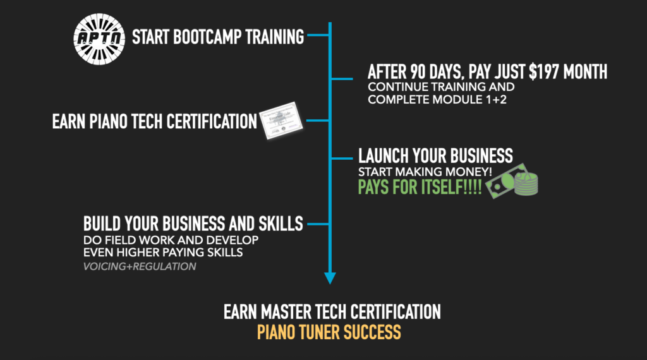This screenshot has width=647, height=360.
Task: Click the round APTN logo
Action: tap(99, 39)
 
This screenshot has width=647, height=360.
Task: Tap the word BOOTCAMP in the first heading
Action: tap(207, 37)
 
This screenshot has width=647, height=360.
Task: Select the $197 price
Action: tap(544, 72)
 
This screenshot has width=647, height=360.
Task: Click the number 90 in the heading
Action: tap(418, 72)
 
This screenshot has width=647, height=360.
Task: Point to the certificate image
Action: tap(281, 121)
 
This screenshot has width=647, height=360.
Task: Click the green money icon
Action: tap(512, 181)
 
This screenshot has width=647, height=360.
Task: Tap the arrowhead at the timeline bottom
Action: tap(330, 278)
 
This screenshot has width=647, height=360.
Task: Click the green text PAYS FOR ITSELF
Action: tap(420, 187)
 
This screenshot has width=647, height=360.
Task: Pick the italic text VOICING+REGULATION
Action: tap(140, 267)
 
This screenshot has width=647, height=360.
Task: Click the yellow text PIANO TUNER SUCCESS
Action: tap(329, 332)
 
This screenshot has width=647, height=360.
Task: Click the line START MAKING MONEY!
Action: tap(425, 172)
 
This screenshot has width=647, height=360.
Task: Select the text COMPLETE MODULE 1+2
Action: tap(437, 99)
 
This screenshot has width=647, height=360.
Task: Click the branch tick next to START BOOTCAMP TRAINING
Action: tap(318, 35)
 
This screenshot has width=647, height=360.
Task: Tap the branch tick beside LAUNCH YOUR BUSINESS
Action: tap(342, 159)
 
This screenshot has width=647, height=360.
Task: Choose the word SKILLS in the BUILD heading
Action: tap(281, 224)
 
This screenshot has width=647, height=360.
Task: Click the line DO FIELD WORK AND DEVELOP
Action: tap(171, 240)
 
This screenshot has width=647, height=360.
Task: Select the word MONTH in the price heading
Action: tap(585, 72)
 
